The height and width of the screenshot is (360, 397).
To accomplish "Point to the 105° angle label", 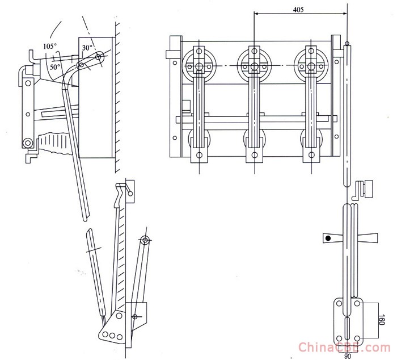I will tap(50, 45).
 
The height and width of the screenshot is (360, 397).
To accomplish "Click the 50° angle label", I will tap(54, 67).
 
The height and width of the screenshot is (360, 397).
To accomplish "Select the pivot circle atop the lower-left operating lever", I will tap(145, 240).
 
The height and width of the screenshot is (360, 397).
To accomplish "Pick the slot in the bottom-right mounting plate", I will tap(347, 329).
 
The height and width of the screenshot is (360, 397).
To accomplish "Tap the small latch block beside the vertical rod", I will tap(361, 190).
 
